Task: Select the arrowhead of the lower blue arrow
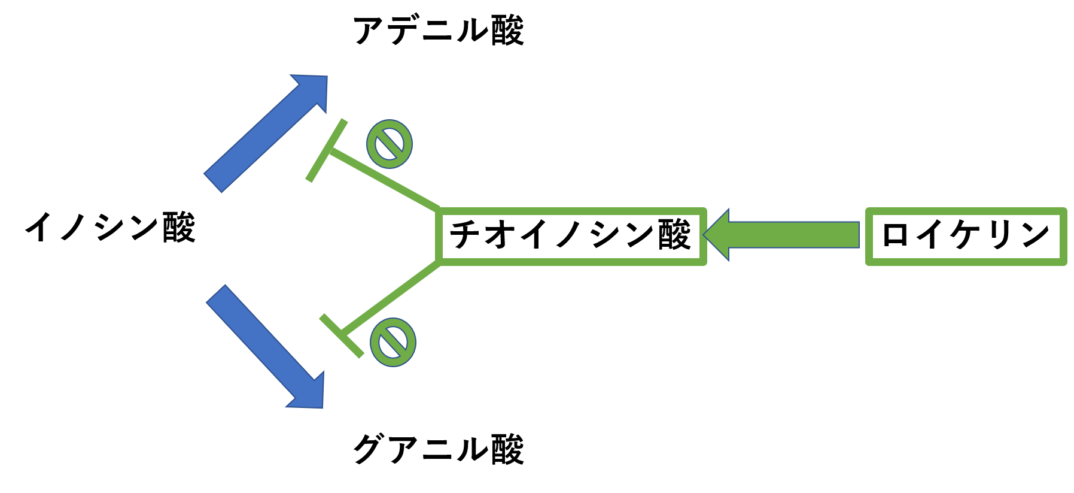(x=309, y=393)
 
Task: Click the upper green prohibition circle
(x=390, y=144)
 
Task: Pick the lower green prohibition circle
(x=393, y=342)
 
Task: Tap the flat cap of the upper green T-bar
(x=327, y=150)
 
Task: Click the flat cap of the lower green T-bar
(x=342, y=335)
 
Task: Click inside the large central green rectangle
(x=572, y=236)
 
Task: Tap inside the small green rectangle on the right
(x=966, y=236)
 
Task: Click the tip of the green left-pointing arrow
(x=705, y=235)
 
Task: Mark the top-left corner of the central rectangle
(x=440, y=211)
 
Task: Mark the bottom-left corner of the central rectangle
(x=440, y=261)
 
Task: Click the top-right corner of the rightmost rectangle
(x=1064, y=211)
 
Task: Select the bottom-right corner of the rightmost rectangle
(x=1064, y=262)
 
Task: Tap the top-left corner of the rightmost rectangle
(x=869, y=211)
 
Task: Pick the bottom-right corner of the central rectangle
(x=704, y=261)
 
